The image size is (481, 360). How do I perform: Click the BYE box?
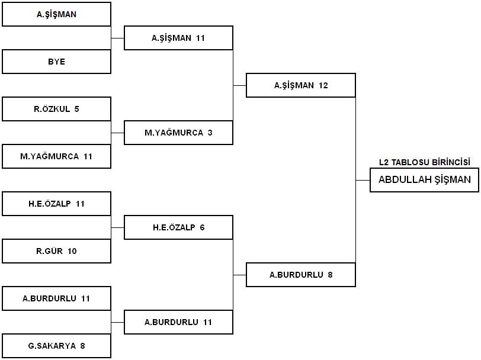[x=56, y=62]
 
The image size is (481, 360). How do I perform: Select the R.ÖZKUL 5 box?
[x=56, y=109]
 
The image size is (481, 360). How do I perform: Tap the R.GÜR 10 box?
[x=56, y=251]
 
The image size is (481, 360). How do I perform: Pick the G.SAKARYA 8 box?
[x=56, y=346]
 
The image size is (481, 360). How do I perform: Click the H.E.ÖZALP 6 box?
[x=178, y=227]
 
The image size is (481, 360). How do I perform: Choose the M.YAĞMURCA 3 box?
[x=178, y=133]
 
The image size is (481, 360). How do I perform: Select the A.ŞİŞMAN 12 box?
[x=301, y=85]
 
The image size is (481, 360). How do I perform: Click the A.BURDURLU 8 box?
[x=301, y=275]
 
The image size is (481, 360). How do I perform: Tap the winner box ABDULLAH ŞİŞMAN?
[x=425, y=180]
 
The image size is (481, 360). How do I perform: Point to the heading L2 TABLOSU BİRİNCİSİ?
[x=425, y=162]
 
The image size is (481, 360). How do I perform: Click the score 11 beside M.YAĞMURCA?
[x=88, y=156]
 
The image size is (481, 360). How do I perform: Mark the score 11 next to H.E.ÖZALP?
[x=80, y=204]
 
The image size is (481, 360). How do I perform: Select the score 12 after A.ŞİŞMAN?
[x=323, y=85]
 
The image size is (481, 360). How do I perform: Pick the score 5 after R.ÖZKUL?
[x=76, y=109]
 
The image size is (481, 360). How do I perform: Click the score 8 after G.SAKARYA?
[x=82, y=346]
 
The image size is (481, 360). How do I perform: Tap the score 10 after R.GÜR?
[x=72, y=251]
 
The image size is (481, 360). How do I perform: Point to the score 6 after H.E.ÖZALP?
[x=202, y=227]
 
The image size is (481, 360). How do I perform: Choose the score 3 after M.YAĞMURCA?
[x=210, y=133]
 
